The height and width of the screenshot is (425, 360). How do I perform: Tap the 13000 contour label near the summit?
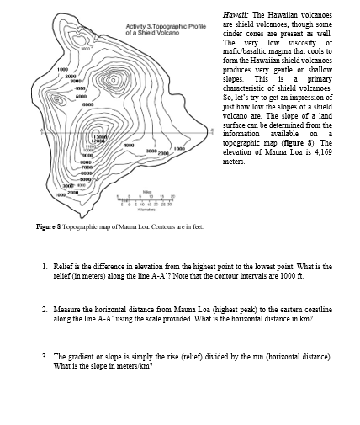click(x=99, y=136)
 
